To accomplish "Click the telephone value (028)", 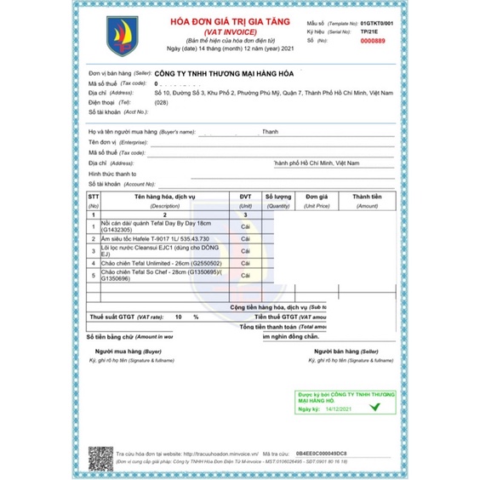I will [x=160, y=102].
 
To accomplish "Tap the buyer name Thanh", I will [x=271, y=132].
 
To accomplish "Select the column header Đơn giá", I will [x=317, y=195].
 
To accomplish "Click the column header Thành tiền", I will [x=367, y=195].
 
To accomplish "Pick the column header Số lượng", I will [x=277, y=195].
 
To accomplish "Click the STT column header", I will [x=94, y=195].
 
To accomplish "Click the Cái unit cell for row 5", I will [x=245, y=277].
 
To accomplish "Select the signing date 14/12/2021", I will [x=336, y=409].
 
